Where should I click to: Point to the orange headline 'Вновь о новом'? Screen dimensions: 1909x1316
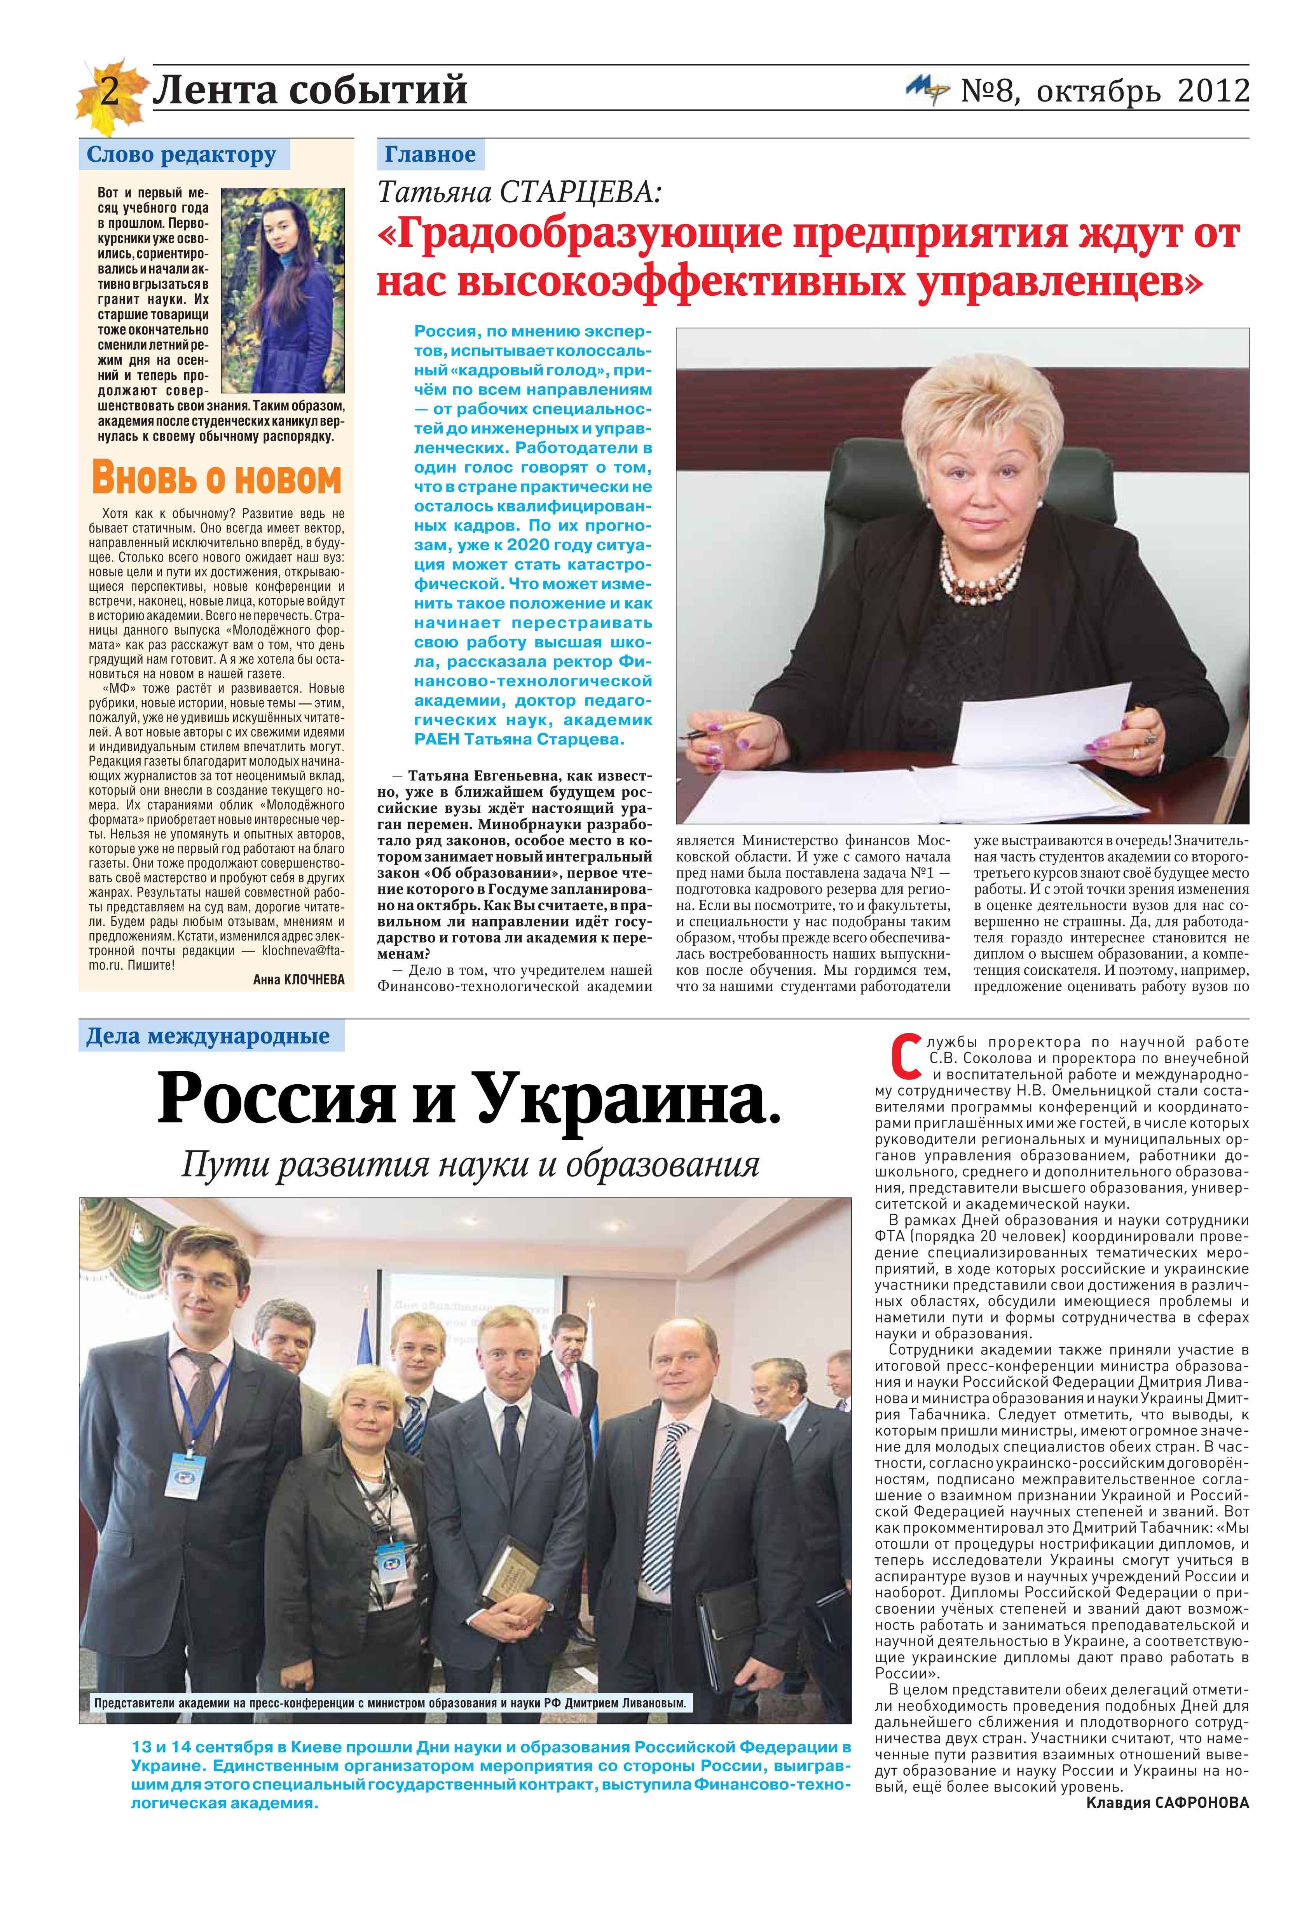(216, 478)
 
